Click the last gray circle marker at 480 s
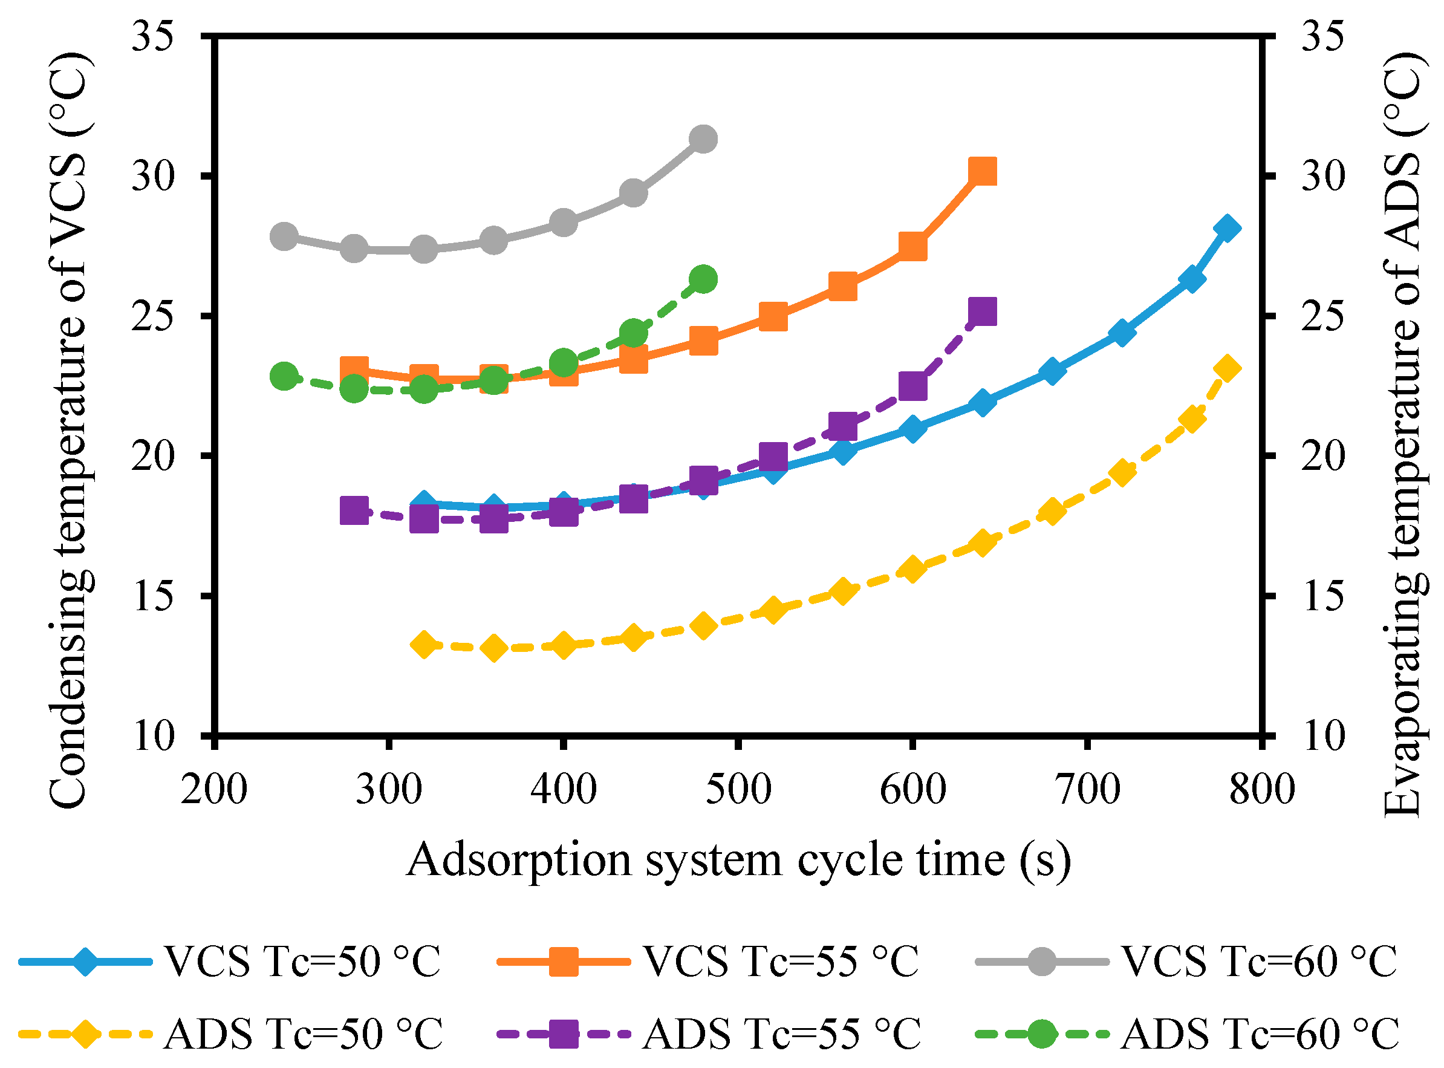coord(703,139)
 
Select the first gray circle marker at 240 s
coord(284,236)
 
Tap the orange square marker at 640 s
coord(983,172)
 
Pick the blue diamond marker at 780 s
coord(1227,229)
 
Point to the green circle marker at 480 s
coord(703,279)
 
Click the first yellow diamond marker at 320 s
coord(424,645)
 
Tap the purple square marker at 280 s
coord(354,512)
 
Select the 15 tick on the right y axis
coord(1322,596)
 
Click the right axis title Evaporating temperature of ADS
coord(1403,433)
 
